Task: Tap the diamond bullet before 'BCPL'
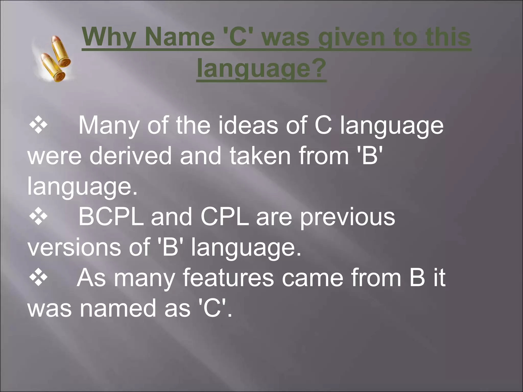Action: [x=38, y=217]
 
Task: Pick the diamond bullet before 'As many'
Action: [x=38, y=278]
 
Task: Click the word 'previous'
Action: [x=347, y=217]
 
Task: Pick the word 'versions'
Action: [x=74, y=247]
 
